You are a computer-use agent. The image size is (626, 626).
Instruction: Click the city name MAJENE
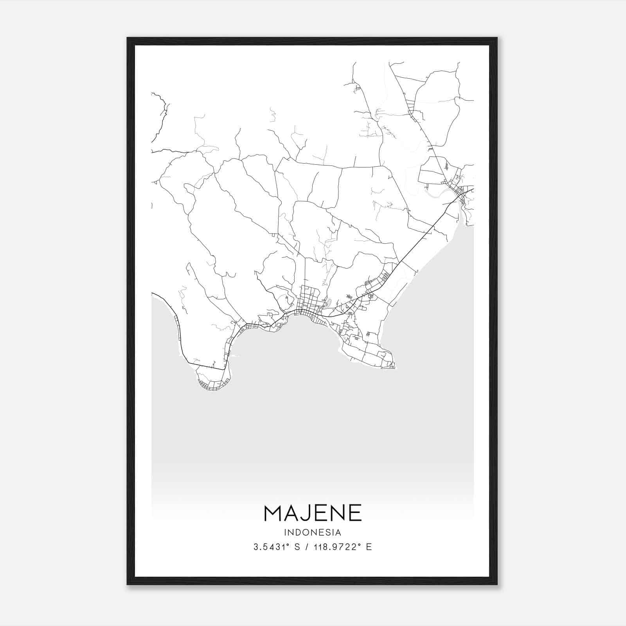pos(313,513)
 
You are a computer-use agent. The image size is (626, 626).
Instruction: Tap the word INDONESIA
pos(313,532)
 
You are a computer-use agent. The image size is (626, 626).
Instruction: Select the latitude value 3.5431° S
pos(277,547)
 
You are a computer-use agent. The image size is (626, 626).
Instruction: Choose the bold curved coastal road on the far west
pos(176,321)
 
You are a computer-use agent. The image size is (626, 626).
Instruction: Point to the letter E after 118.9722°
pos(369,547)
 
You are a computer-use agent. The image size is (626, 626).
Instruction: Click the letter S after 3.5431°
pos(297,547)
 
